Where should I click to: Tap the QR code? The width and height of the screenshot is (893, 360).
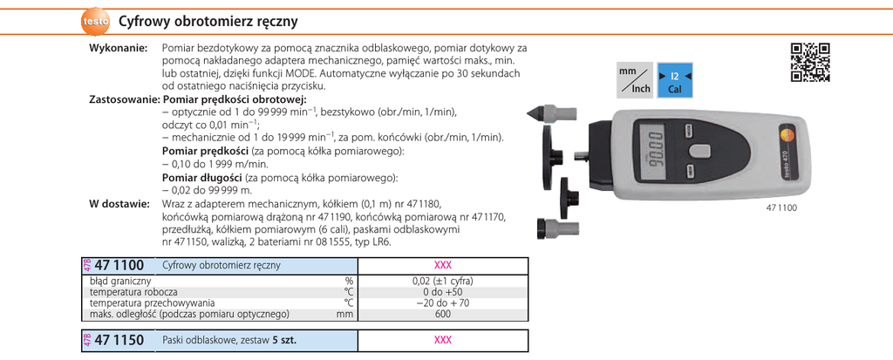coord(809,61)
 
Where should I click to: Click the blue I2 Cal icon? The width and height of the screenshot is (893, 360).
coord(674,80)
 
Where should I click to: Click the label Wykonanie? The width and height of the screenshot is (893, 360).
coord(118,50)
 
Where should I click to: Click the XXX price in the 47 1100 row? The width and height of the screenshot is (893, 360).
coord(442,266)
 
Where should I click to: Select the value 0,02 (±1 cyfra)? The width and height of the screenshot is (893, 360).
coord(442,282)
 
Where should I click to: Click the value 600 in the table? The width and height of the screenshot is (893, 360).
coord(442,314)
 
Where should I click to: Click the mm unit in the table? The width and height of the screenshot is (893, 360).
coord(346,314)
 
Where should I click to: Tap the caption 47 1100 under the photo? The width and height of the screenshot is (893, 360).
coord(781,207)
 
